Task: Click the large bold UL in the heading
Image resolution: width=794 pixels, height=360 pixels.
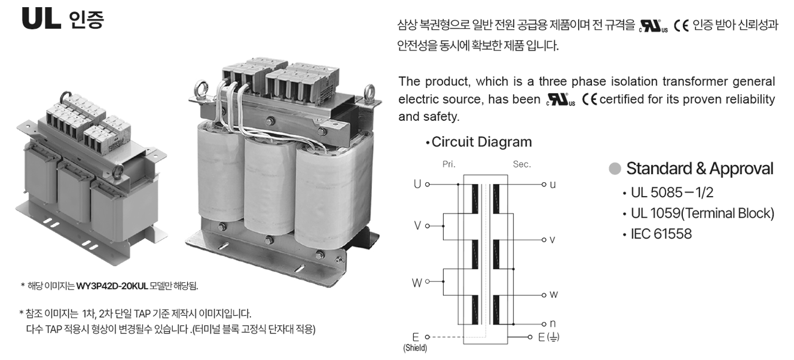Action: (41, 19)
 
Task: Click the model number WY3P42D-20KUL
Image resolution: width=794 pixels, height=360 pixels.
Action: (112, 286)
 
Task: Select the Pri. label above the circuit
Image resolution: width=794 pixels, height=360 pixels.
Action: (449, 164)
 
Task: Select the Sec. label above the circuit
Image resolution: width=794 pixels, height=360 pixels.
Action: (522, 164)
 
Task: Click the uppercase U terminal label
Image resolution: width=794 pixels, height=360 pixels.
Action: (417, 184)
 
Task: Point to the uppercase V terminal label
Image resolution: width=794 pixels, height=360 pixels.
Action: (417, 225)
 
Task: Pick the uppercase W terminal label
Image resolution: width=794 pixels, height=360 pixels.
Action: (417, 283)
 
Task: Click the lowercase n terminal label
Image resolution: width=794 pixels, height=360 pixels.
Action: (552, 324)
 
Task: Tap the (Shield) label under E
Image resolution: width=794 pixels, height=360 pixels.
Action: (415, 348)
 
